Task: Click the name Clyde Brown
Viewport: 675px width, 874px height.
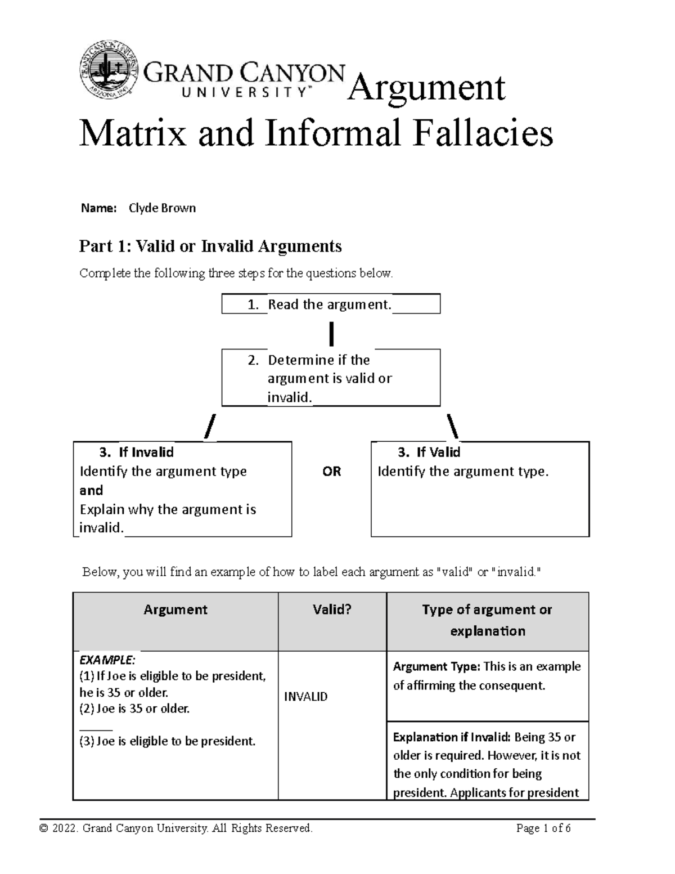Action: pos(162,208)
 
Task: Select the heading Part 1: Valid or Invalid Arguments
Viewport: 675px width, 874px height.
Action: pos(210,246)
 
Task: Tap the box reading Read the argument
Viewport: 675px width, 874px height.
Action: pos(330,304)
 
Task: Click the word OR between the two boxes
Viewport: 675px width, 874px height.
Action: pos(331,472)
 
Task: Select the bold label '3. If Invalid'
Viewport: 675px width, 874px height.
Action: pos(136,452)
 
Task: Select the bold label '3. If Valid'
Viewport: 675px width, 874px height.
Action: pos(429,452)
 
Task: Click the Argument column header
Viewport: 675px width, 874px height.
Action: pos(175,610)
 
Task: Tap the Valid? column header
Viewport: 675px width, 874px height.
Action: pos(332,610)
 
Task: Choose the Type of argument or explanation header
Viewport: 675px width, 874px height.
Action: pos(487,620)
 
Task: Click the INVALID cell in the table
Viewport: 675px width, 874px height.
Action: pos(305,697)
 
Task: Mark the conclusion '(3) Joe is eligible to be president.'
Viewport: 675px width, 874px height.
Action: pos(167,741)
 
